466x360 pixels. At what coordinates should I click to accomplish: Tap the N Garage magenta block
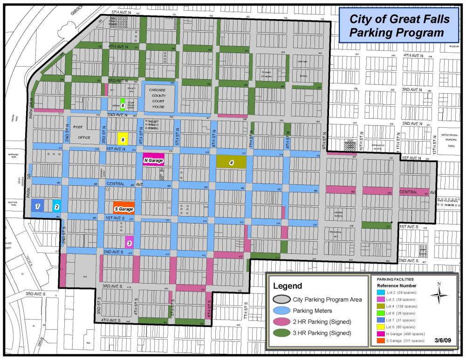tap(153, 160)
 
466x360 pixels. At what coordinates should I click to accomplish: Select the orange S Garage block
tap(123, 208)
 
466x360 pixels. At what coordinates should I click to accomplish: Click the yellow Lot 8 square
tap(123, 138)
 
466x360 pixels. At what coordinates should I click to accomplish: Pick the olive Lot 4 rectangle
tap(231, 162)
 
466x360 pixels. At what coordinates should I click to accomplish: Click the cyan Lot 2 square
tap(56, 206)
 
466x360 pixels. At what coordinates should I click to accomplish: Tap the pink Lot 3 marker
tap(130, 242)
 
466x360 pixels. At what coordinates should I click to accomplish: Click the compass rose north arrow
tap(439, 294)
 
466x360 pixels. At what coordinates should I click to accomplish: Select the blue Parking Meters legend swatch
tap(282, 311)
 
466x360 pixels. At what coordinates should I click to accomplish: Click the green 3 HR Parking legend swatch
tap(282, 333)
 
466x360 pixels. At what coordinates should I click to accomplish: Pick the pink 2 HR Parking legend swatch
tap(282, 321)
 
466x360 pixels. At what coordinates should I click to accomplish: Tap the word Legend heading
tap(288, 285)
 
